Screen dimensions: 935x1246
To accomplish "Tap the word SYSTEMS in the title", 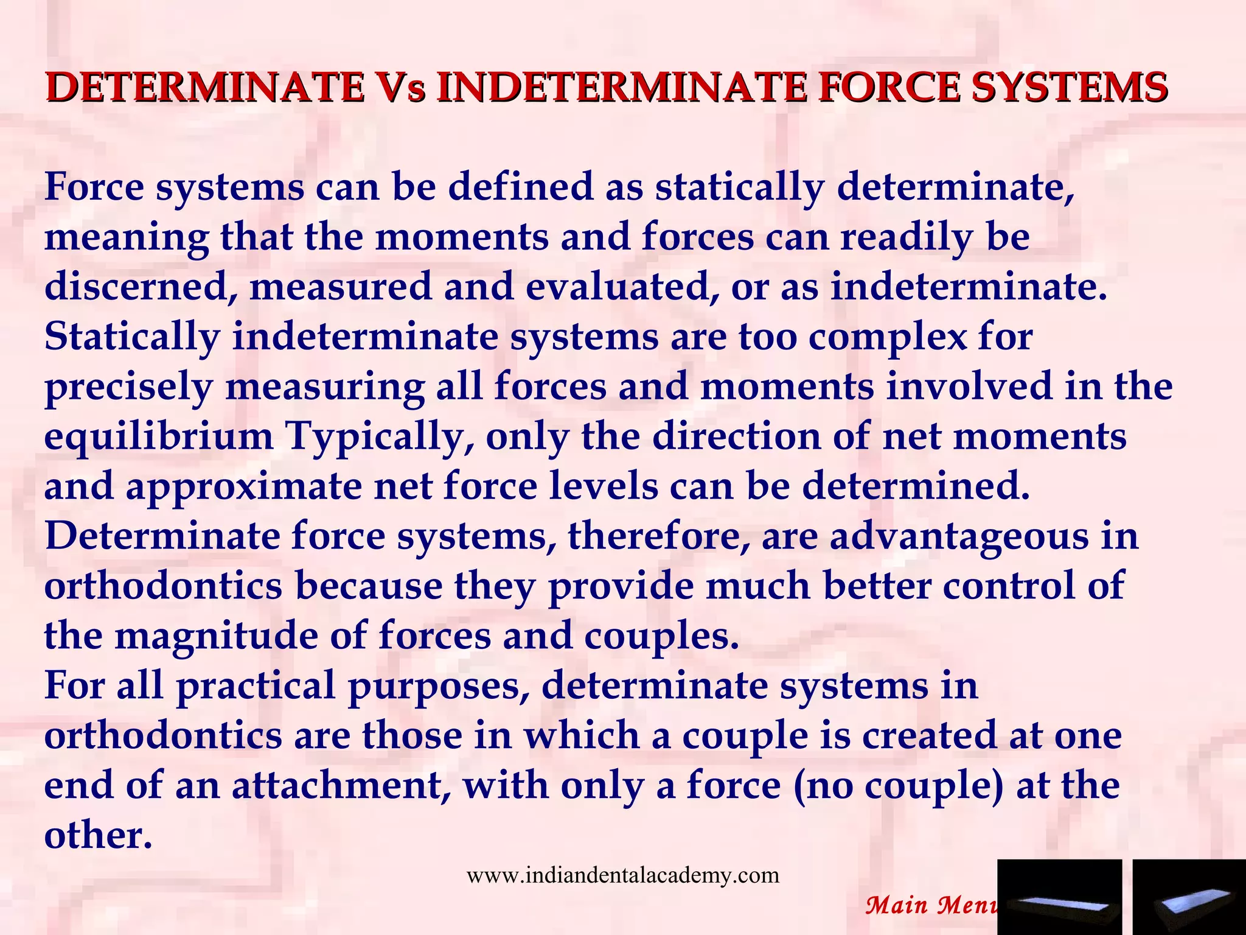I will click(x=1068, y=87).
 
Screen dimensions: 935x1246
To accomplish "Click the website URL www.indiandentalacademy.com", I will click(x=622, y=875).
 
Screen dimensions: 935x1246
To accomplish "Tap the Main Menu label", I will click(x=931, y=905).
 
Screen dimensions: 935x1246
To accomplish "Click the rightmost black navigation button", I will click(x=1189, y=897).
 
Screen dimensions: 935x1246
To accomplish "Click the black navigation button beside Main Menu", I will click(x=1059, y=897).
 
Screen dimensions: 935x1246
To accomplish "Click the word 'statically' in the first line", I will click(x=739, y=187).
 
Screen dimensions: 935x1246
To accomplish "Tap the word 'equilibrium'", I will click(x=158, y=437).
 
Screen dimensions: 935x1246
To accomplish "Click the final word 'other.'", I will click(x=97, y=835).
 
